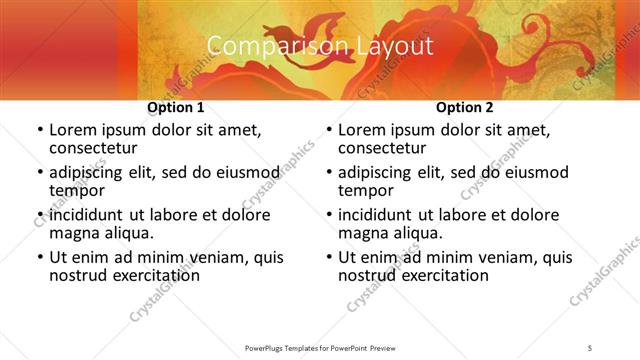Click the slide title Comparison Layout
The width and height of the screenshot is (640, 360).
(320, 46)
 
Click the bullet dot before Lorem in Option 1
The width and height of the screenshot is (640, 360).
(39, 130)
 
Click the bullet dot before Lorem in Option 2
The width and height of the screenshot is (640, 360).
(328, 130)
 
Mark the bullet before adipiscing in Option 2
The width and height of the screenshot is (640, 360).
(328, 173)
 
